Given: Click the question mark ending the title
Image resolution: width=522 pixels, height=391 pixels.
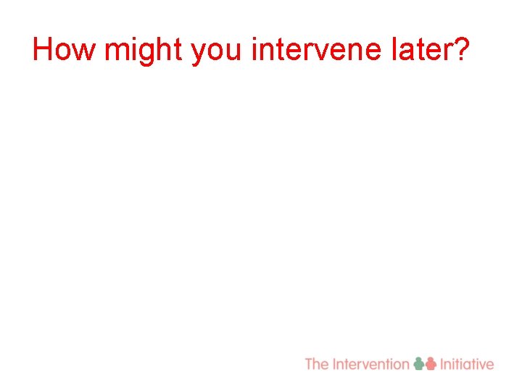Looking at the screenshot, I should [x=461, y=49].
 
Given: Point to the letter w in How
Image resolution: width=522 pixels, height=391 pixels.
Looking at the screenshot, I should [x=86, y=52].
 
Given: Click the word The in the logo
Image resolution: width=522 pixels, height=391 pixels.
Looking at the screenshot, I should [x=317, y=364].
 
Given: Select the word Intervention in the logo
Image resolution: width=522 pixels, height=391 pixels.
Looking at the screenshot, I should [x=370, y=364].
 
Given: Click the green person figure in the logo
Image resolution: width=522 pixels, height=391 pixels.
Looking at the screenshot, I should [x=419, y=364].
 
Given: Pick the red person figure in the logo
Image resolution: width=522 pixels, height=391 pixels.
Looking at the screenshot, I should [x=431, y=364].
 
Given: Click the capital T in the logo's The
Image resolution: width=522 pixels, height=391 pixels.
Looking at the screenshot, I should [x=309, y=364].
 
